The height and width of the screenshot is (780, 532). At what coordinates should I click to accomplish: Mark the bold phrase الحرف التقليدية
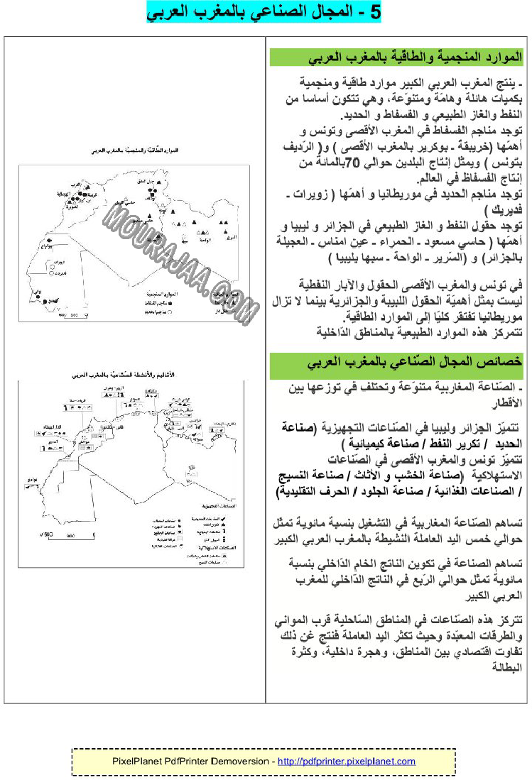pyautogui.click(x=310, y=491)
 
